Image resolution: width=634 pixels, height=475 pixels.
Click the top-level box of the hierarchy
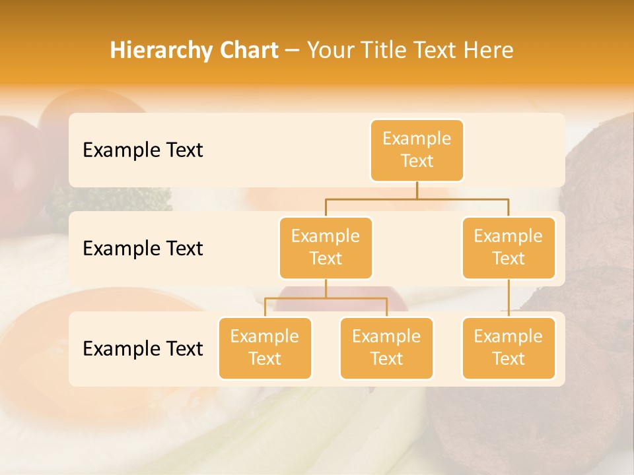point(417,150)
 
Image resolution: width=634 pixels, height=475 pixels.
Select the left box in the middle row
point(326,248)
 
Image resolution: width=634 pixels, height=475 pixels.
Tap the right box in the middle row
point(509,248)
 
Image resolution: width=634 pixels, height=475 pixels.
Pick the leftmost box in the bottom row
point(265,348)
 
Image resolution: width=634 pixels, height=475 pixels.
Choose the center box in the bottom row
point(386,348)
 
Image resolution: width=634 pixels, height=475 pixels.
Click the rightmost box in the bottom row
point(509,348)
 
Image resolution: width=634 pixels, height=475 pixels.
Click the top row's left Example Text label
point(143,150)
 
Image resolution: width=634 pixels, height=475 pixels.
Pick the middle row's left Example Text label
point(143,249)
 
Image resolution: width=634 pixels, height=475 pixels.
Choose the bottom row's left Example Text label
point(143,349)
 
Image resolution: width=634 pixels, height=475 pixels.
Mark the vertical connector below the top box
point(417,190)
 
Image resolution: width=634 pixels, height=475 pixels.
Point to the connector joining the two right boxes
point(509,298)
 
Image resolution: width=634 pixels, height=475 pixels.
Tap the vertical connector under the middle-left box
point(326,289)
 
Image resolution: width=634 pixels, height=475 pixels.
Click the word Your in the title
point(330,51)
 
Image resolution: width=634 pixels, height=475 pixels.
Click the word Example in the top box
point(417,139)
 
